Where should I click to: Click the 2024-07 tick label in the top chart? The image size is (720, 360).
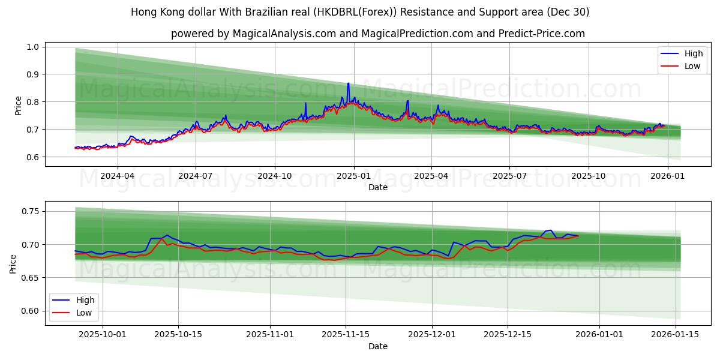196,176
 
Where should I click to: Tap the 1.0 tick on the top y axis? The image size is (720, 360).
34,47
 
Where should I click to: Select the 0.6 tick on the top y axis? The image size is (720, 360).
34,157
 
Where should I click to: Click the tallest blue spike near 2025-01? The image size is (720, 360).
348,83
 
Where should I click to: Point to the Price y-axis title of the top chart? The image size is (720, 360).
18,106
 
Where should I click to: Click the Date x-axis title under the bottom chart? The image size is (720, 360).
378,346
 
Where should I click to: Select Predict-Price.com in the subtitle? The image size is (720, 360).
542,34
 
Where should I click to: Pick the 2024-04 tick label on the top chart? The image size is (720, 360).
117,176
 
